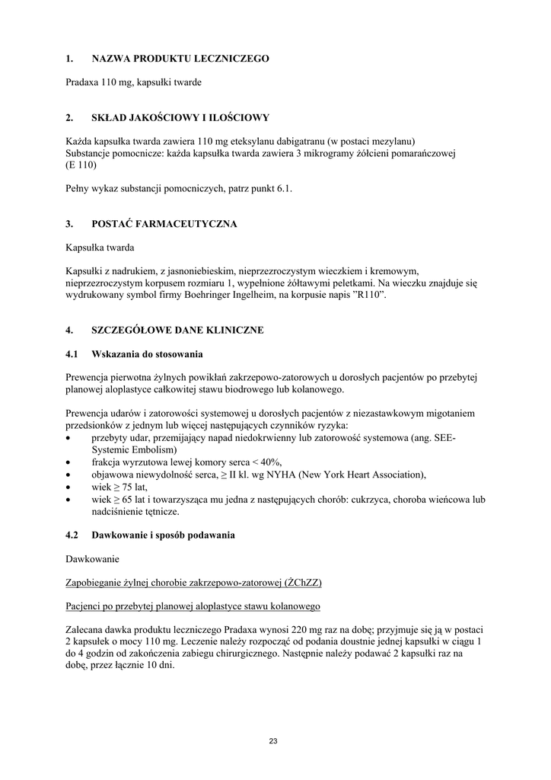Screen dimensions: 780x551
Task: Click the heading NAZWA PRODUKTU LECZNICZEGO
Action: point(180,58)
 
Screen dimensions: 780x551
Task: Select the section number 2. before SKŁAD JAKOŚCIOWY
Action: point(69,117)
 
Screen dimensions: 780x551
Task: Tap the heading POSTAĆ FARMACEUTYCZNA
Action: point(164,224)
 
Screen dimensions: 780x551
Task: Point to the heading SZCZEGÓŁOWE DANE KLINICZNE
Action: point(177,330)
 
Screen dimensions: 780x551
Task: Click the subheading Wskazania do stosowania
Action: point(147,354)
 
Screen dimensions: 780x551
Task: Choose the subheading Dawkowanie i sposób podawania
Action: point(164,535)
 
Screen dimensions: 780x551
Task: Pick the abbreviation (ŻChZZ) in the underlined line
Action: point(303,583)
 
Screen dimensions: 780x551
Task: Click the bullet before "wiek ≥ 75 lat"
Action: point(70,487)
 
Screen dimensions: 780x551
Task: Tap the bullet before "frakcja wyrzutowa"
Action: point(70,462)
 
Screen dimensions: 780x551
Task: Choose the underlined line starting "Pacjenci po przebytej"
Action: point(193,606)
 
